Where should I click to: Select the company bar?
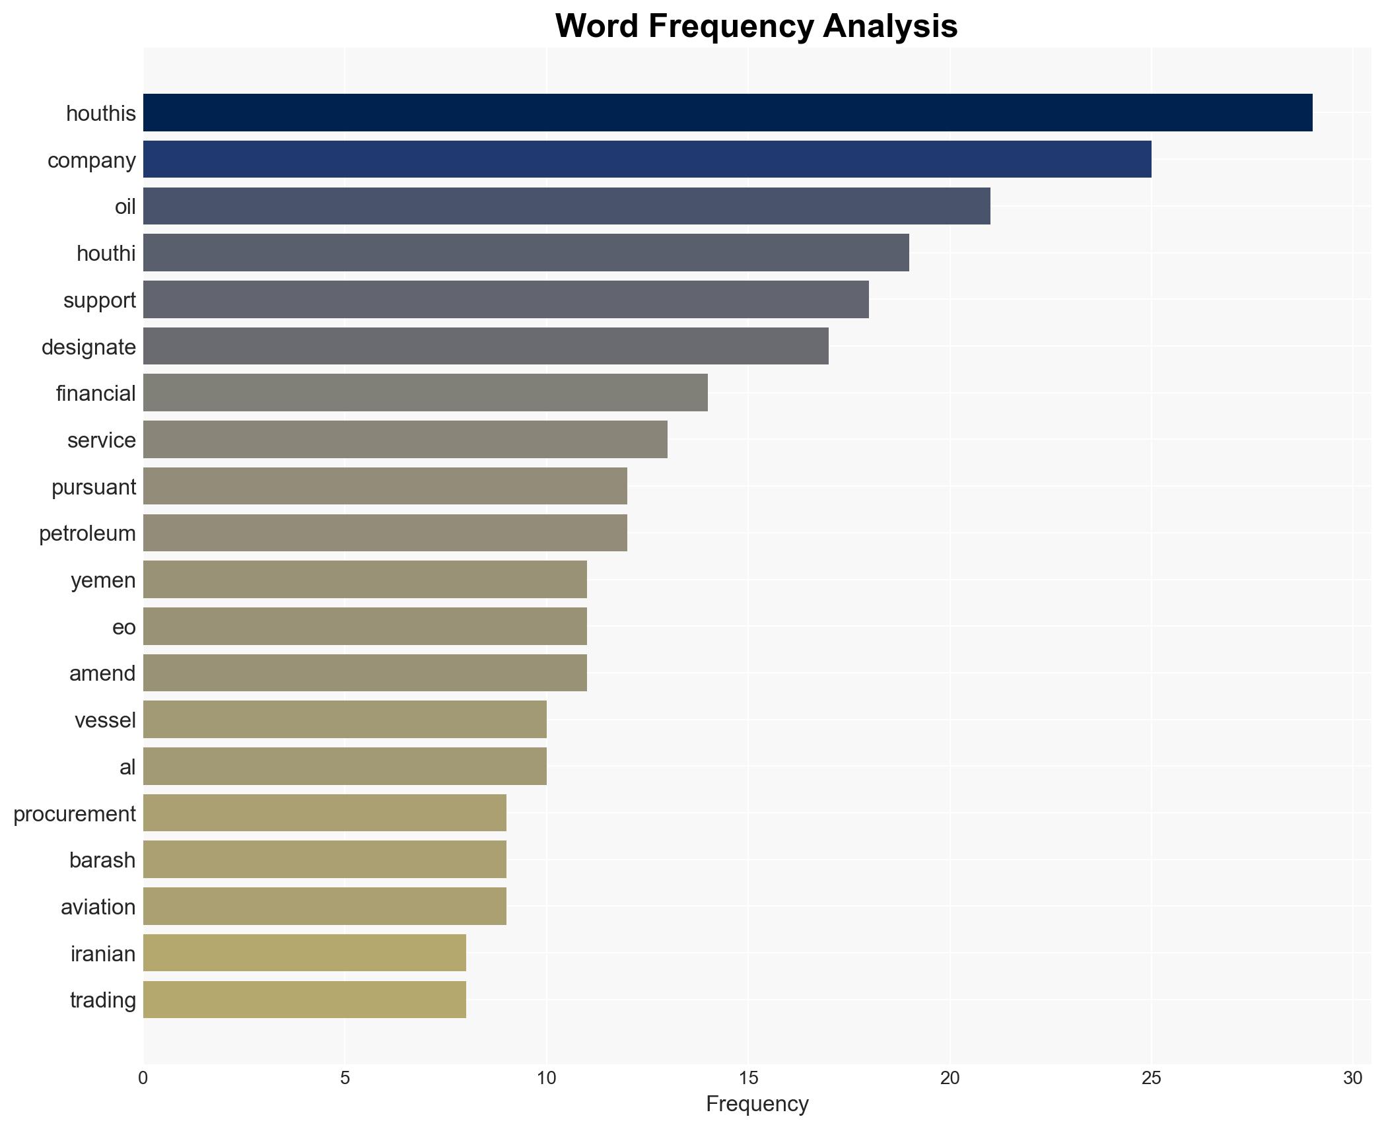[647, 160]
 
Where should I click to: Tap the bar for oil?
[567, 206]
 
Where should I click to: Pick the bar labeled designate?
[485, 346]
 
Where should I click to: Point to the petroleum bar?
[385, 533]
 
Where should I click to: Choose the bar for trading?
[304, 1000]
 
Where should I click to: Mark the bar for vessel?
[345, 720]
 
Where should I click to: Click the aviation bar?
[325, 907]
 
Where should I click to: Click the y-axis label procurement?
[75, 813]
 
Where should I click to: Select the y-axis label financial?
[96, 393]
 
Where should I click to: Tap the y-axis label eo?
[124, 627]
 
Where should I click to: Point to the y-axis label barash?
[102, 860]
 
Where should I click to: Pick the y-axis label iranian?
[103, 953]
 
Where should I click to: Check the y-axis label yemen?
[103, 580]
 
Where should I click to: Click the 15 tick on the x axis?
[748, 1078]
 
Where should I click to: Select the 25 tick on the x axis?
[1152, 1078]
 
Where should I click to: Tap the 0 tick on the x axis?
[143, 1078]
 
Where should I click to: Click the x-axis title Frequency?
[757, 1104]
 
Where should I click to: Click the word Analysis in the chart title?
[890, 26]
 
